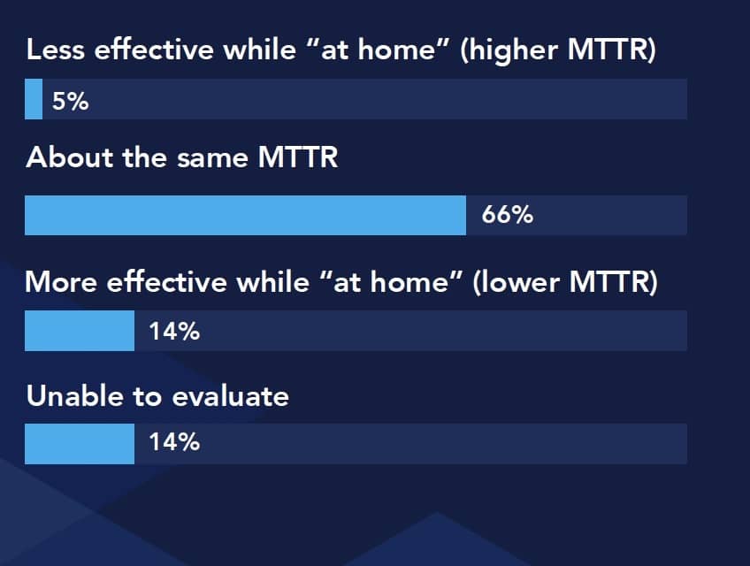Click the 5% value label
[71, 101]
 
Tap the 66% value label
[507, 215]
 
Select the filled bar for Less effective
[34, 99]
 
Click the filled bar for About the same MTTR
[245, 215]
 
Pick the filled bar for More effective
[80, 331]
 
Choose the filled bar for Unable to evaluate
[80, 444]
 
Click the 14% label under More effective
[174, 331]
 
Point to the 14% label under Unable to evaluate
[174, 441]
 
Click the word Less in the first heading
[56, 50]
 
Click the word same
[212, 159]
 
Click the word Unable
[74, 396]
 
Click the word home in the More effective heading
[409, 282]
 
